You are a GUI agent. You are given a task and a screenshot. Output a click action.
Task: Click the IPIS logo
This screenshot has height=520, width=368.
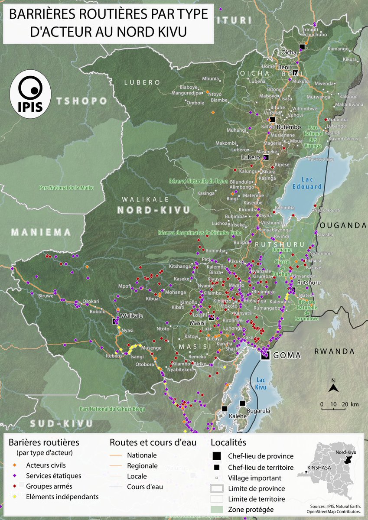click(x=30, y=94)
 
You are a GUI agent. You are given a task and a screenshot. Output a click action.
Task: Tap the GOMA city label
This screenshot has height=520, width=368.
click(x=287, y=355)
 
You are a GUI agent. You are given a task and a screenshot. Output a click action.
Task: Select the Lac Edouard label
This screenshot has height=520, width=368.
click(x=310, y=183)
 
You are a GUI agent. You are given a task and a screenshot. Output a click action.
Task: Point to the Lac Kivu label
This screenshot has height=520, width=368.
click(x=261, y=383)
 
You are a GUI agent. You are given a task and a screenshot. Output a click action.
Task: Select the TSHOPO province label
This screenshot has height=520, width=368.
click(x=81, y=101)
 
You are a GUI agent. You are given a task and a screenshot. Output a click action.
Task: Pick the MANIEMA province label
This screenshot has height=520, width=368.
click(x=41, y=232)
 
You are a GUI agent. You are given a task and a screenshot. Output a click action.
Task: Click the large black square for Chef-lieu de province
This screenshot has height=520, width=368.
click(x=216, y=456)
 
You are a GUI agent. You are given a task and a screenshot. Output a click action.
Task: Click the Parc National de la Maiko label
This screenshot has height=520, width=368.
click(x=67, y=188)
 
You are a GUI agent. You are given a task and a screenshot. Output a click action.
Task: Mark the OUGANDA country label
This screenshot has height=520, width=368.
click(x=342, y=225)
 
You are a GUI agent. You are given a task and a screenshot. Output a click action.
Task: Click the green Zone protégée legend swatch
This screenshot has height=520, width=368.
click(x=216, y=510)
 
